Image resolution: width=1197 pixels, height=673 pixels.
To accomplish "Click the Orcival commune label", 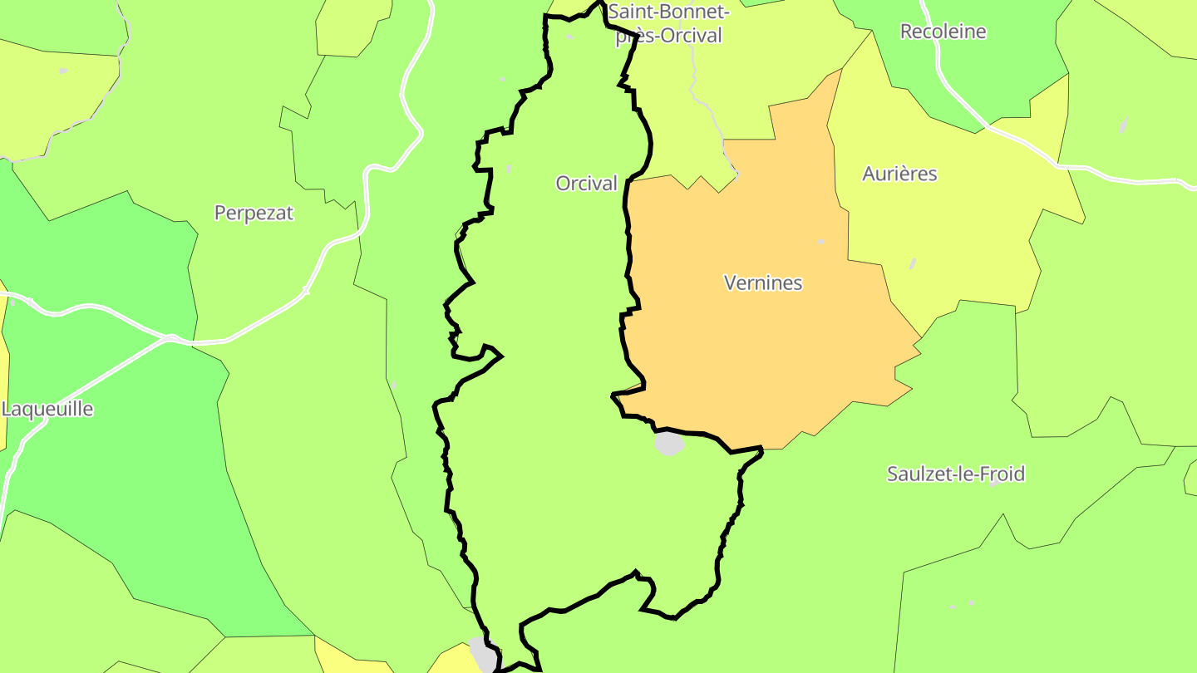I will click(586, 184).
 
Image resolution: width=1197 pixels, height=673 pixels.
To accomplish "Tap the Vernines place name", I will click(763, 283).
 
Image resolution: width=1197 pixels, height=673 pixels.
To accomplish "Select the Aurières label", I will click(899, 174).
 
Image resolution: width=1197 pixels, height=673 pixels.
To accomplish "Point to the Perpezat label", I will click(254, 214).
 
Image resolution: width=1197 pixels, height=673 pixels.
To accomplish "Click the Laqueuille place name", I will click(47, 410).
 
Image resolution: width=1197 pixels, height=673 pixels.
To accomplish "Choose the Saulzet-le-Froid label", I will click(955, 474).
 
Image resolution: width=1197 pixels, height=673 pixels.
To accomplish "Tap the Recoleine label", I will click(943, 32).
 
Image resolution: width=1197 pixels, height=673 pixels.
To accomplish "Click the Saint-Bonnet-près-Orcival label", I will click(668, 23).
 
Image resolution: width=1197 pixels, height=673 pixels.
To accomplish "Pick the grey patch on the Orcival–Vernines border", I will click(668, 444).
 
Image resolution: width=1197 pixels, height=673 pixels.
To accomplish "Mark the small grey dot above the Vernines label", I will click(821, 242).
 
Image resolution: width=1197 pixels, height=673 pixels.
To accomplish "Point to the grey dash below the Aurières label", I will click(912, 263).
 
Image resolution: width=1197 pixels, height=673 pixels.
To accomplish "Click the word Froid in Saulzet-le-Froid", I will click(1002, 474).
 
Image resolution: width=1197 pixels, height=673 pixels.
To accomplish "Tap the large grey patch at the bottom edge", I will click(483, 654).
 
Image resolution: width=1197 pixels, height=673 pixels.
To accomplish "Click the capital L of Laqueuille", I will click(7, 410).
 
